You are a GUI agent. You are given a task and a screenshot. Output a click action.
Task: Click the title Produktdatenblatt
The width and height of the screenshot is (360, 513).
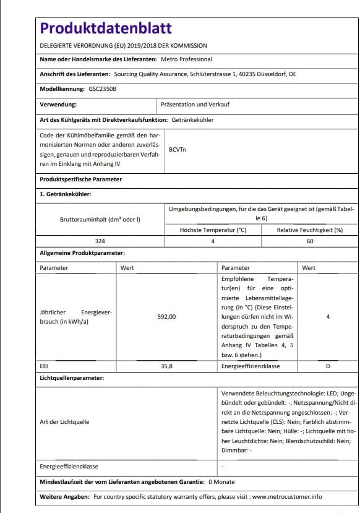click(106, 28)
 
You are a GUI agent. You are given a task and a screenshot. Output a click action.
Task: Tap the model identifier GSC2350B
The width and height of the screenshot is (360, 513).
click(98, 89)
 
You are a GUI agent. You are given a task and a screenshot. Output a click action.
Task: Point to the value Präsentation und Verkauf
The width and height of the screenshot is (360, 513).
click(195, 105)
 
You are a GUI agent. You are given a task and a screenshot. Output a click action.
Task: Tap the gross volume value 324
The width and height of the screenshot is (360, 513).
click(100, 240)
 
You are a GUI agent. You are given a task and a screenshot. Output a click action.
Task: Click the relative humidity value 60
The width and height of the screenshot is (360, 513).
click(309, 240)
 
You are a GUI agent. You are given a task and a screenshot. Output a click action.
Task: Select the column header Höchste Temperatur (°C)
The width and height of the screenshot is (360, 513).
click(213, 230)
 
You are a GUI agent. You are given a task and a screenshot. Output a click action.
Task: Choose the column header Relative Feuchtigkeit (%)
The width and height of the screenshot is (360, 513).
click(309, 230)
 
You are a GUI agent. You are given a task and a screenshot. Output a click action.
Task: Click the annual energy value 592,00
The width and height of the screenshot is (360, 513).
click(167, 316)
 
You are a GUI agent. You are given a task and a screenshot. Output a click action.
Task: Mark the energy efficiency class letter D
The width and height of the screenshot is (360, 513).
click(328, 366)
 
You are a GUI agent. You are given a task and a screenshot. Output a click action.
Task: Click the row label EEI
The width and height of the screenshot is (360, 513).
click(44, 366)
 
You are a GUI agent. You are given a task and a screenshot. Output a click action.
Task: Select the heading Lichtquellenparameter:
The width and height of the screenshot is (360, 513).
click(72, 377)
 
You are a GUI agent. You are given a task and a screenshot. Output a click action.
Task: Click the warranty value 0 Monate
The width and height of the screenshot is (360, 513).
click(221, 481)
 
